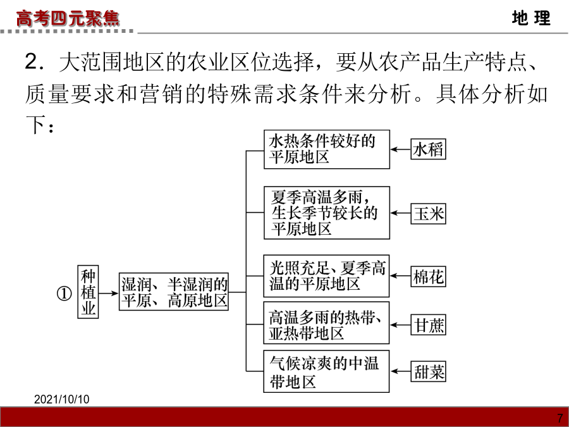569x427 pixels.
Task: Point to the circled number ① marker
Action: click(64, 294)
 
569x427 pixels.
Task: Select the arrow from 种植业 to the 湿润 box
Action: click(109, 293)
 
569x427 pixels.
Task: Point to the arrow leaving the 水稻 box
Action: click(401, 149)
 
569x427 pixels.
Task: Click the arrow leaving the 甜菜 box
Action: click(401, 371)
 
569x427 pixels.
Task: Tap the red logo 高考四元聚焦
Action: click(68, 18)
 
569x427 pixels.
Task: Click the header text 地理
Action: click(531, 18)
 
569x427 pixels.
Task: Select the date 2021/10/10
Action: click(62, 399)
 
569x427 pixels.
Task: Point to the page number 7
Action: click(560, 418)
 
